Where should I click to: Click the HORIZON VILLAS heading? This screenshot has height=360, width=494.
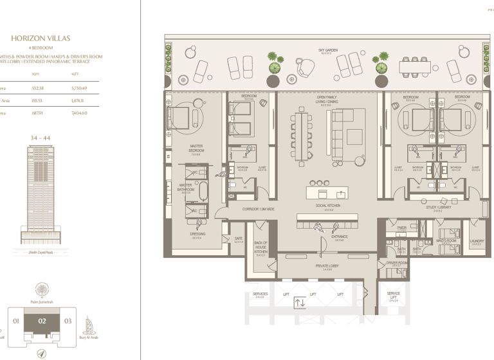pos(49,39)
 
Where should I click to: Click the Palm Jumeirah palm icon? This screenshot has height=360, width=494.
pos(42,289)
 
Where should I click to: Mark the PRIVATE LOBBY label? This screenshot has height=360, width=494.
pos(327,267)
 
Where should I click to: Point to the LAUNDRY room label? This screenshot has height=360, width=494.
pos(477,242)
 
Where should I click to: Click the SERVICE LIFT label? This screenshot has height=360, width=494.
pos(393,296)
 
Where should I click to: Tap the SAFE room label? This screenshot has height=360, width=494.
pos(238,240)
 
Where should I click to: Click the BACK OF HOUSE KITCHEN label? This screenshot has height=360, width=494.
pos(261,248)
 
